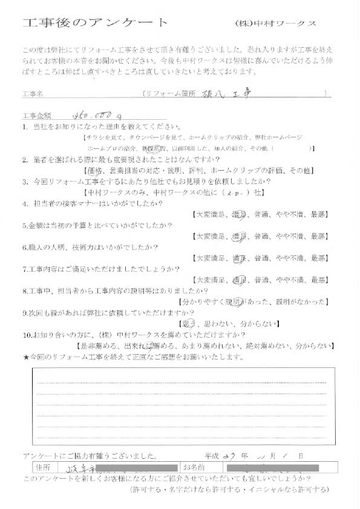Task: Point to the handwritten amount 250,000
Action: [x=96, y=114]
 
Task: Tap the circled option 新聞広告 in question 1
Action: [x=152, y=148]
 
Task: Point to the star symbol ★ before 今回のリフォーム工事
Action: [x=25, y=357]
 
